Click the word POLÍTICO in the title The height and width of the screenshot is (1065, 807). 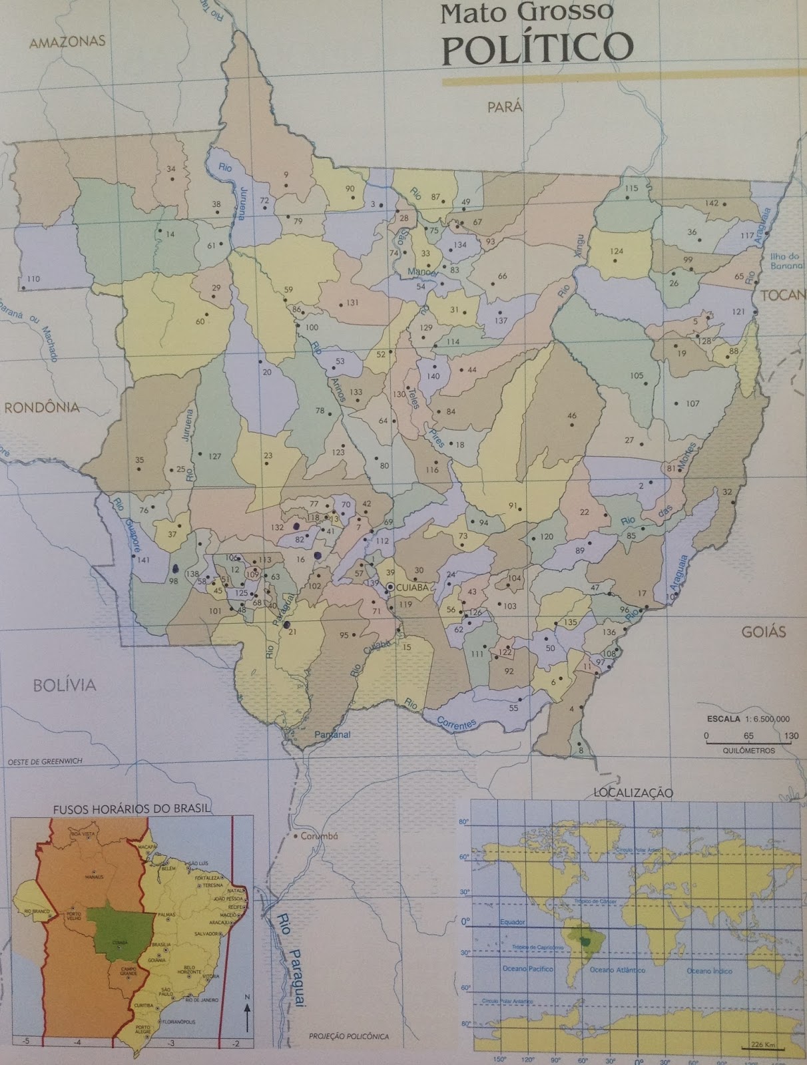(537, 47)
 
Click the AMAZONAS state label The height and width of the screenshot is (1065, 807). (68, 41)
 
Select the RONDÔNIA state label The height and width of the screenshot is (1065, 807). (42, 407)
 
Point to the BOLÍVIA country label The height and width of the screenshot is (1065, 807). (65, 684)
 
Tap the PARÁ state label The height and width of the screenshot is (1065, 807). (504, 106)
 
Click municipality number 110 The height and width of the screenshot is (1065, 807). (33, 279)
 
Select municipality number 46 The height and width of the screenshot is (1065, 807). (572, 416)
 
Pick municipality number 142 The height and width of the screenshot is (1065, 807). (712, 203)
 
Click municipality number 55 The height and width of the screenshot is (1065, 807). (513, 708)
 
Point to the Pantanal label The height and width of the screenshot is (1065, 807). (332, 735)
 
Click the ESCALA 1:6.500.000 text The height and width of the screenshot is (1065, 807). (748, 719)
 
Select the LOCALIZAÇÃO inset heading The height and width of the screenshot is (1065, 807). (633, 792)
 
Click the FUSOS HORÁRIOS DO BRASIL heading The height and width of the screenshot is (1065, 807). (132, 809)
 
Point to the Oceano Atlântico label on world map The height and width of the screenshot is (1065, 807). (617, 970)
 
